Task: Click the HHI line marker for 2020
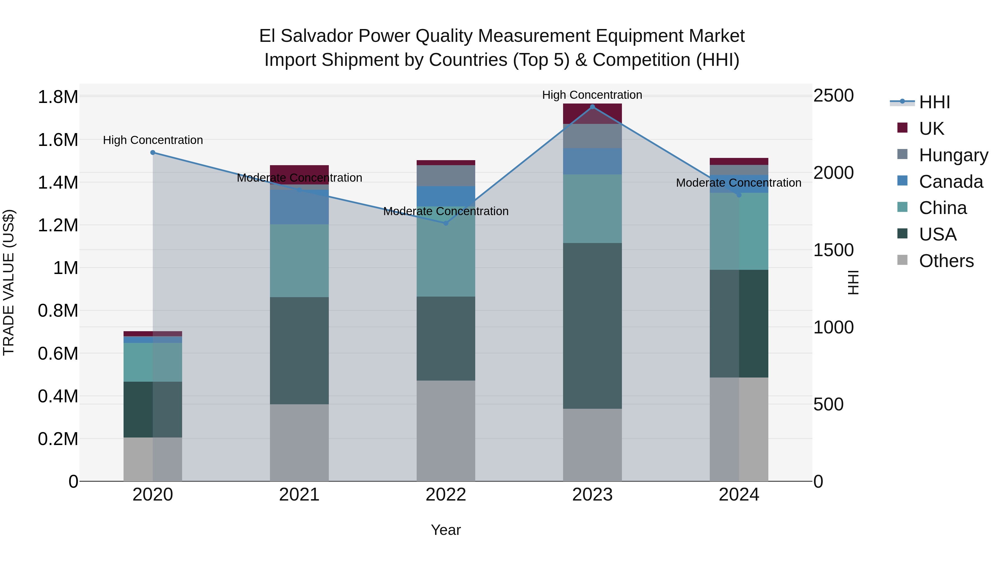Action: (153, 152)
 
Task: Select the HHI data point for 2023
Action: (592, 107)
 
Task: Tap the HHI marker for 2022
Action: (446, 223)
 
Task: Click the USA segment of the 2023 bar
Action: (592, 326)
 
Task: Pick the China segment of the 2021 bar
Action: (299, 261)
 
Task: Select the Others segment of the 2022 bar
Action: (446, 431)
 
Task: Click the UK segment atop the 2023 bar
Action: (592, 114)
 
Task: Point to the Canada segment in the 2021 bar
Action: (299, 207)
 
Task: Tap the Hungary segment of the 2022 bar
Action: (446, 175)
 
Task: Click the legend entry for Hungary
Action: (953, 155)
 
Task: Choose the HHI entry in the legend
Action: (934, 102)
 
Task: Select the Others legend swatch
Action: (902, 260)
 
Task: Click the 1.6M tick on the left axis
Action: (58, 140)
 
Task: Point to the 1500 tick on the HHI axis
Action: (833, 250)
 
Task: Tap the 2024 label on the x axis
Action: (738, 495)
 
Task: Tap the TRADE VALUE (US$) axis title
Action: (9, 282)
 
